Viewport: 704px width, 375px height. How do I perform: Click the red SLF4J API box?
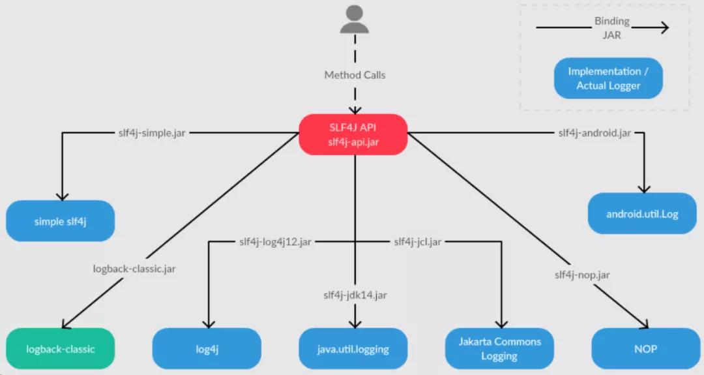[x=353, y=135]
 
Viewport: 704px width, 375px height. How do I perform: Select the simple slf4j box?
[x=61, y=221]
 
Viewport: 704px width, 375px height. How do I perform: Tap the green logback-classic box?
[x=61, y=349]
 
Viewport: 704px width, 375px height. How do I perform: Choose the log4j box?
[x=207, y=349]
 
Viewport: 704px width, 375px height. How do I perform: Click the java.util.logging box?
[x=353, y=349]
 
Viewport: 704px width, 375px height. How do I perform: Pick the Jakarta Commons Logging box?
[x=499, y=349]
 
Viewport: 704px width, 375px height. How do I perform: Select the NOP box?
[x=645, y=349]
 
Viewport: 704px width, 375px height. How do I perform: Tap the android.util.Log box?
[x=642, y=213]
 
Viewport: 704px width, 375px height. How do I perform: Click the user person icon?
[x=354, y=20]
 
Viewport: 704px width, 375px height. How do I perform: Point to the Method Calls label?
[x=355, y=75]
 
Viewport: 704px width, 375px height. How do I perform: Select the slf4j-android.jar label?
[x=594, y=132]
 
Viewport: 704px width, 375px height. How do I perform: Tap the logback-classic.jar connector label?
[x=134, y=268]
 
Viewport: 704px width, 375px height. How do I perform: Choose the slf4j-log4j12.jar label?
[x=276, y=242]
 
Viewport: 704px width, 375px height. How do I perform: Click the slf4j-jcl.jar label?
[x=417, y=242]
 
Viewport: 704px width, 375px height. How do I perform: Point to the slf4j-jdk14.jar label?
[x=355, y=295]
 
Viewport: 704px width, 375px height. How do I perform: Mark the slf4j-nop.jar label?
[x=582, y=275]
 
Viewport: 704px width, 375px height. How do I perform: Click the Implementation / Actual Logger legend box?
[x=608, y=78]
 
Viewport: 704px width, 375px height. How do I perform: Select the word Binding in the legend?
[x=611, y=22]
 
